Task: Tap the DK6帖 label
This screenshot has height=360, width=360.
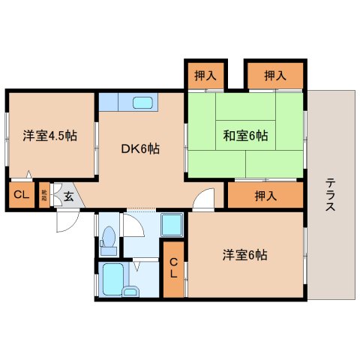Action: (140, 148)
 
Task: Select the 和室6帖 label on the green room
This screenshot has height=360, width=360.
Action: (245, 136)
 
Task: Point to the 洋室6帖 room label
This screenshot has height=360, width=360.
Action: (245, 255)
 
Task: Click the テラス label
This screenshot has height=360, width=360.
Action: (331, 194)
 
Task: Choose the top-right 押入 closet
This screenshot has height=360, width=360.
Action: (274, 75)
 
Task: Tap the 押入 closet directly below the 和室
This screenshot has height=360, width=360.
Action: (265, 196)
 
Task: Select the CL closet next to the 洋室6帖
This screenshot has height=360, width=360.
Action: (173, 268)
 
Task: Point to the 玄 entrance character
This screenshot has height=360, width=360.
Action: (67, 196)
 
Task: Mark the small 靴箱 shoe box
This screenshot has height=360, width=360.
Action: (44, 196)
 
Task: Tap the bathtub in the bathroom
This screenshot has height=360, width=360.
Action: (113, 278)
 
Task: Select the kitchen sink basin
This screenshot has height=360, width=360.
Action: (142, 102)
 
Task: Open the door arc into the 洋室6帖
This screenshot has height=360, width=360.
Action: (203, 200)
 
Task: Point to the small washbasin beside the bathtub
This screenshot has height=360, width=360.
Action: (132, 289)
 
